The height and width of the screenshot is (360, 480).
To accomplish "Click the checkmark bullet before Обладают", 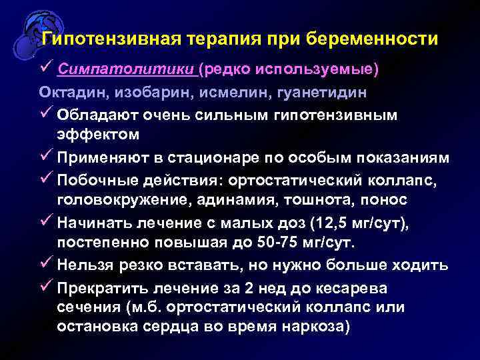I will tap(46, 115).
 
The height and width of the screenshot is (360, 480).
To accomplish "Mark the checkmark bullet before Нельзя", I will tap(46, 264).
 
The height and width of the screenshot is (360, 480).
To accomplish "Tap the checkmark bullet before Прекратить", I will tap(46, 287).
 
